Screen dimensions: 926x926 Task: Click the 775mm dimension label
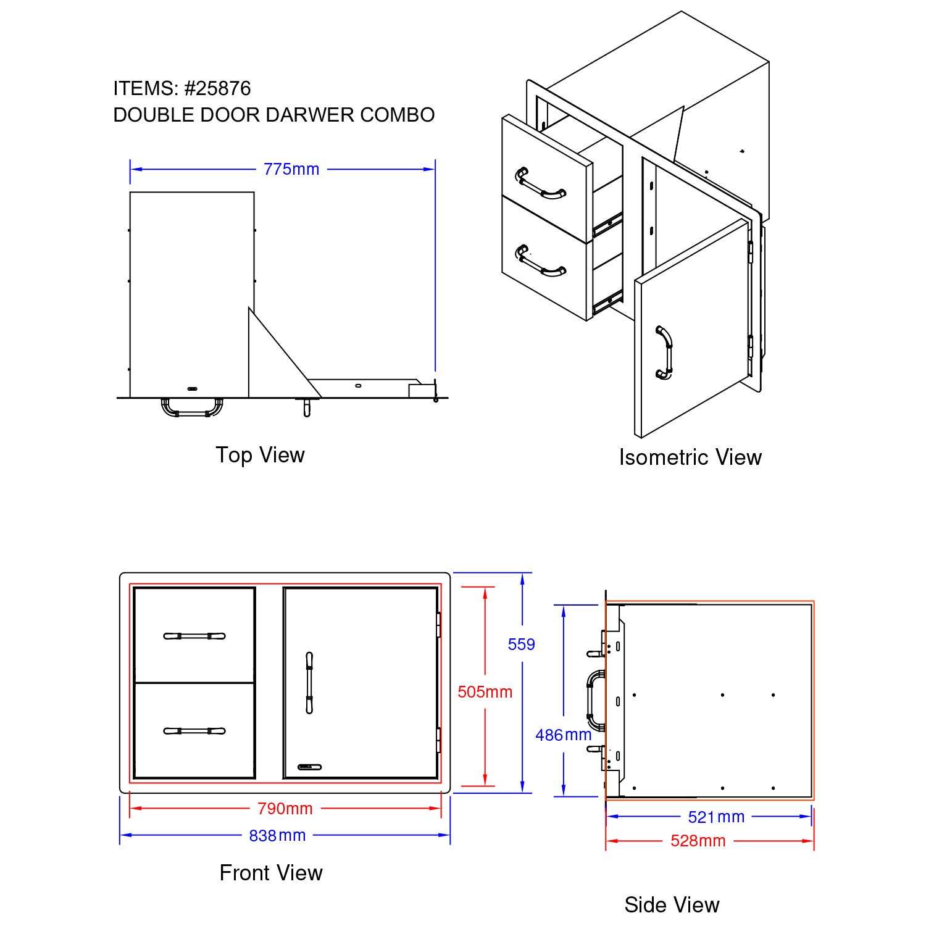291,169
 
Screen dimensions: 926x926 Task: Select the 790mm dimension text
285,808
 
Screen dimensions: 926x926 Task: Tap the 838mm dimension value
277,835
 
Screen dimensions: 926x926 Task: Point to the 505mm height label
485,692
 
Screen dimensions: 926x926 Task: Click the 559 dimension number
521,644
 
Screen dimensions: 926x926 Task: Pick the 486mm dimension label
563,735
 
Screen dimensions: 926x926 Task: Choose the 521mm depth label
716,817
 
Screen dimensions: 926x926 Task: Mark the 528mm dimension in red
698,841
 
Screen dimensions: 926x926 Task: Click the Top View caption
260,455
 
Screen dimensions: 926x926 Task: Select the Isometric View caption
690,457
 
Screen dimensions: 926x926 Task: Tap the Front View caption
271,873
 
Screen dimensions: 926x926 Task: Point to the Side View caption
672,905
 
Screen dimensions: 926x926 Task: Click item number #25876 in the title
217,89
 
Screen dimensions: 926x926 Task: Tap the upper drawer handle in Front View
194,636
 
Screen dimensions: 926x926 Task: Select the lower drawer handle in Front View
194,731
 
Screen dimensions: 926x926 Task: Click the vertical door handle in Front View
309,683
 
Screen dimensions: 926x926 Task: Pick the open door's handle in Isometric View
664,352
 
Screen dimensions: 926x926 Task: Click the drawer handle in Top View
192,409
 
